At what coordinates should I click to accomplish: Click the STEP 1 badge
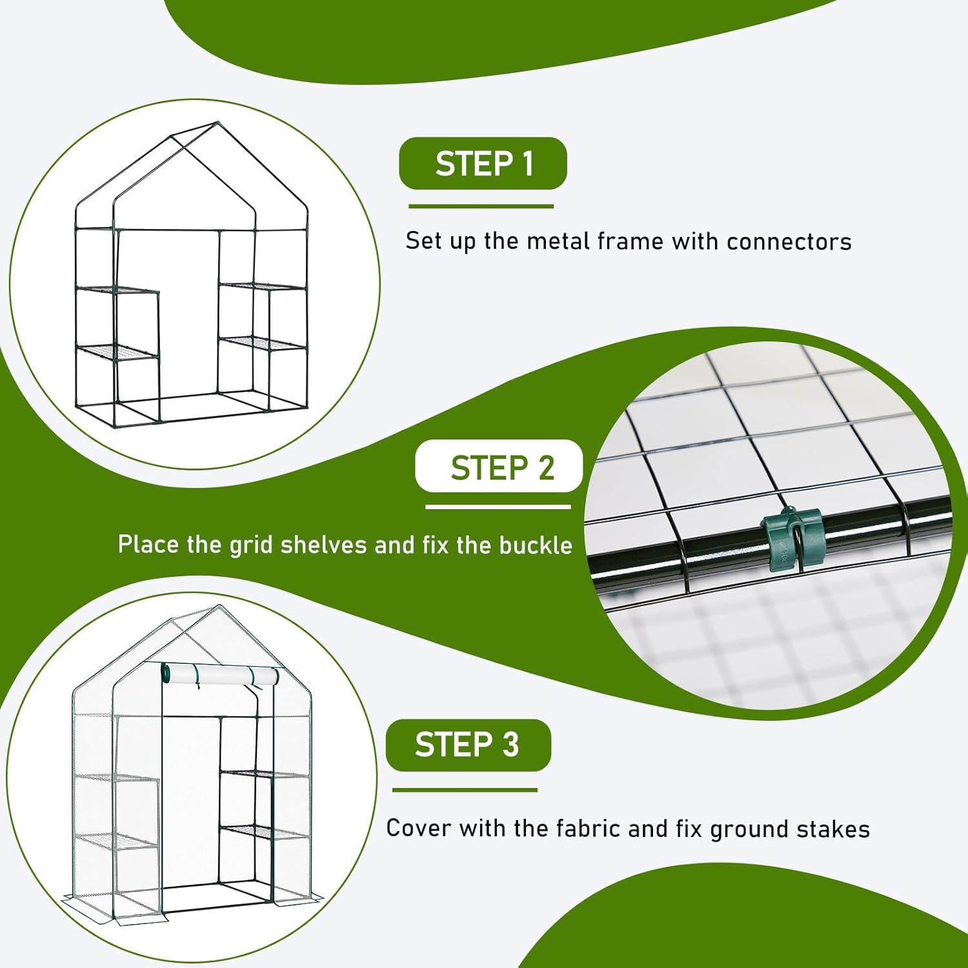483,163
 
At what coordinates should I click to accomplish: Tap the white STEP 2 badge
499,466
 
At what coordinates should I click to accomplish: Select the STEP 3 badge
469,745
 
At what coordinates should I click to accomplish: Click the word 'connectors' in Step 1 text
789,241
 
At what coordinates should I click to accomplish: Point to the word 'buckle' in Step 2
536,545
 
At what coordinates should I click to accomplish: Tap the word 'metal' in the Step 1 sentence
558,241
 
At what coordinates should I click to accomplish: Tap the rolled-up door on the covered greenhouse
221,676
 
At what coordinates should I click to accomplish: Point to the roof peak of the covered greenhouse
217,607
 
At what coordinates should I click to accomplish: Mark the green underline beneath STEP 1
481,207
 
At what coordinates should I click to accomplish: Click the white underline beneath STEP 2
498,507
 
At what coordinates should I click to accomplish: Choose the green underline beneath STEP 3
465,790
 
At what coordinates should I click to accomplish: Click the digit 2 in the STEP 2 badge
547,468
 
